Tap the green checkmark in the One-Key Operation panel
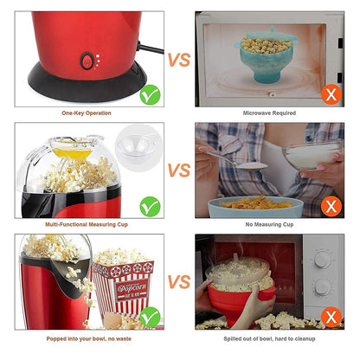tap(150, 95)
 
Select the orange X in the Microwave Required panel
tap(331, 94)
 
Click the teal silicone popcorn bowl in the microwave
tap(266, 58)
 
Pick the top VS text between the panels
tap(179, 60)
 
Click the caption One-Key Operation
tap(87, 113)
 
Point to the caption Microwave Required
tap(269, 113)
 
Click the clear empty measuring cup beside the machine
tap(138, 147)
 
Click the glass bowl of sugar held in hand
tap(311, 155)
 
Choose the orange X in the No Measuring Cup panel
tap(331, 206)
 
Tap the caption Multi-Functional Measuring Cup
tap(87, 224)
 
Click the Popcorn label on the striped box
tap(132, 288)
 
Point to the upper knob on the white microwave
tap(323, 260)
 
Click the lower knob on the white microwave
tap(323, 287)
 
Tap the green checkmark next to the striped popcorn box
tap(150, 318)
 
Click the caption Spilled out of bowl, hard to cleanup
tap(269, 339)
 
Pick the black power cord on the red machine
tap(151, 48)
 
